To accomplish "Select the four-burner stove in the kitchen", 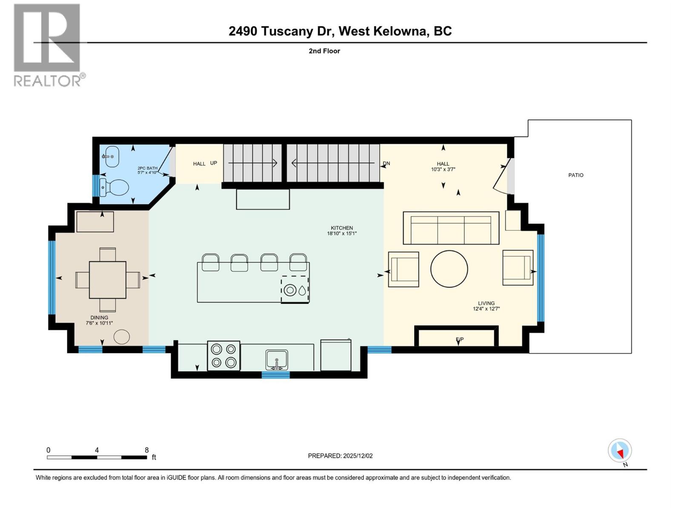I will [223, 356].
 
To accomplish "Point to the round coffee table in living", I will [449, 269].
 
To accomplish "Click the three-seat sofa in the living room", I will [451, 228].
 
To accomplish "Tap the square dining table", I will [108, 280].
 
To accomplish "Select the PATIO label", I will [575, 175].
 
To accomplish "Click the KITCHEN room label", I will [342, 228].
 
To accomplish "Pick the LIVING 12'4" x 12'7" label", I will [486, 306].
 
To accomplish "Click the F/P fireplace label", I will [460, 339].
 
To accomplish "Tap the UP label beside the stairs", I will [214, 163].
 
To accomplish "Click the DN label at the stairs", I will [386, 163].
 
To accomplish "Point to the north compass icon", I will [620, 451].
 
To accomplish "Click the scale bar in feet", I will [97, 457].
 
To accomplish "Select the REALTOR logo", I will [48, 45].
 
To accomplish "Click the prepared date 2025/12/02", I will [340, 456].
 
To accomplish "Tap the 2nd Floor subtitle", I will [324, 51].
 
